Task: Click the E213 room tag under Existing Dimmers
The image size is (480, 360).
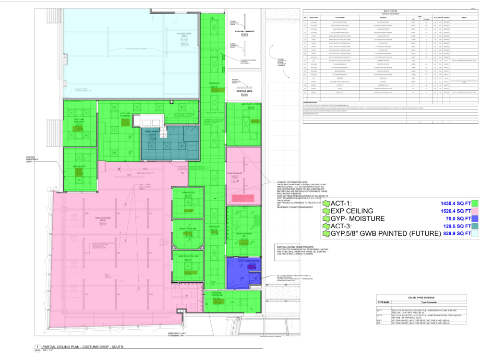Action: pos(244,36)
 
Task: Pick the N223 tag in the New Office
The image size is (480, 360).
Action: pos(188,211)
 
